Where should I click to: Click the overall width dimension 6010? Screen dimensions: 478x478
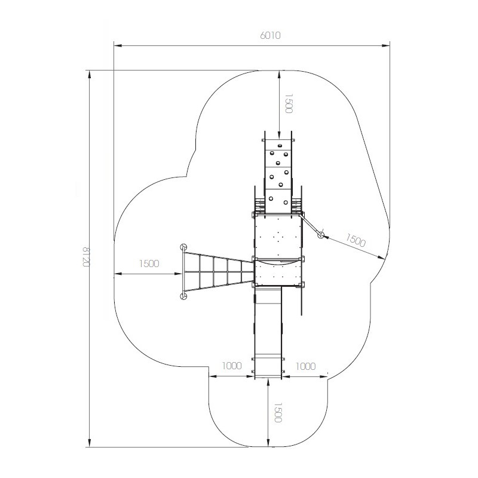[270, 35]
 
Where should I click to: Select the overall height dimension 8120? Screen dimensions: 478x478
[87, 256]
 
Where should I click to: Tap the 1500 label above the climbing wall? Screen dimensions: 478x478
[289, 103]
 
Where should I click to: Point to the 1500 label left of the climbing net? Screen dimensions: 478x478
[149, 263]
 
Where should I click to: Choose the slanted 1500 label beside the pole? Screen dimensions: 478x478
[355, 240]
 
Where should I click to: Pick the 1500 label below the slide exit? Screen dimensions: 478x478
[278, 412]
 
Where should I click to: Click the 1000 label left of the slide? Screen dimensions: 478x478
[232, 366]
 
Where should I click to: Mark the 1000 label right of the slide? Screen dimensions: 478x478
[305, 366]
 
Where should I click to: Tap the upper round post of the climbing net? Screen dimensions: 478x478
[183, 247]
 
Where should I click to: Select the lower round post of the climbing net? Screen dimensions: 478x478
[183, 296]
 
